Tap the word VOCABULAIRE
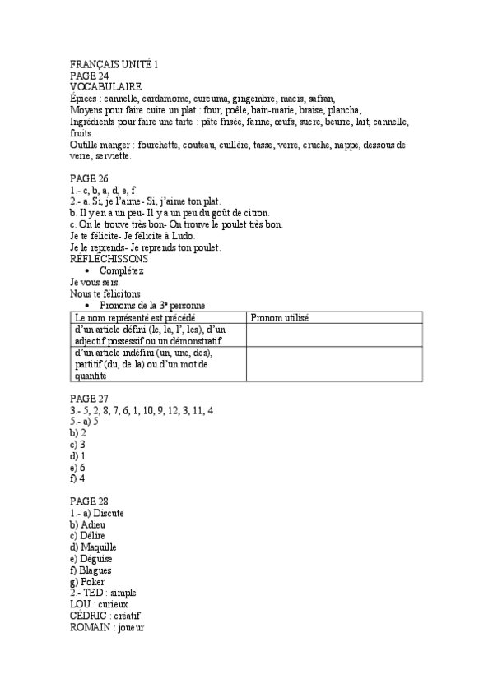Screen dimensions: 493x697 (x=105, y=86)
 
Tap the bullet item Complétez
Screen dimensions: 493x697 (x=122, y=270)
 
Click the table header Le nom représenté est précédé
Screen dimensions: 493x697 (x=135, y=317)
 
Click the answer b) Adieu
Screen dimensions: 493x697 (x=88, y=524)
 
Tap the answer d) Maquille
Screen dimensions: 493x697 (x=93, y=547)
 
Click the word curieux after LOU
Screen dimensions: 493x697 (x=113, y=604)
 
